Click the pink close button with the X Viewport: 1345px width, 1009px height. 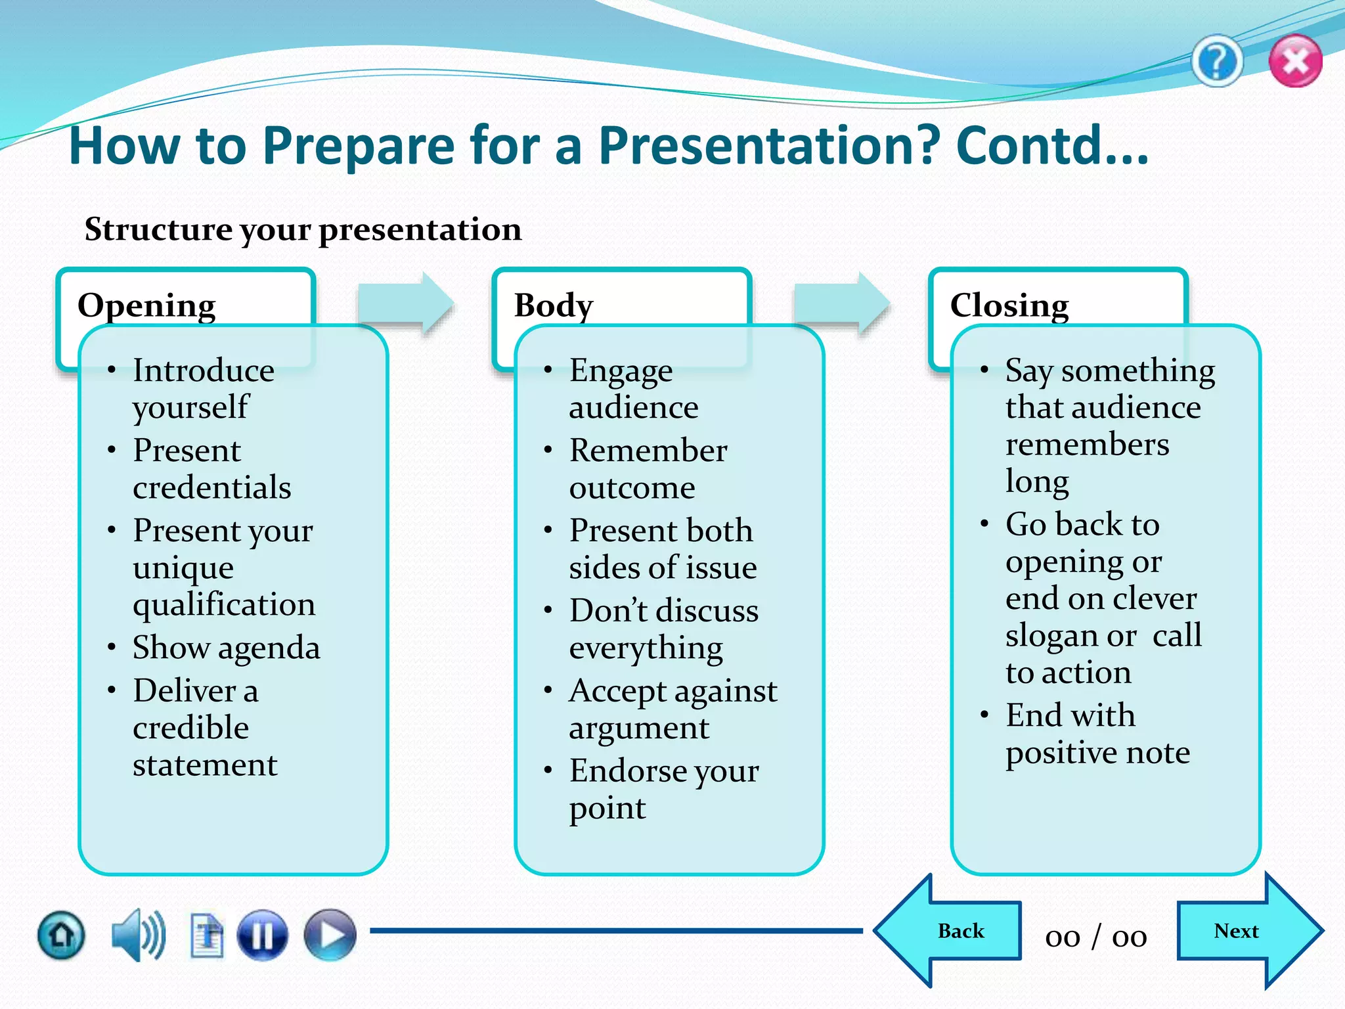pos(1295,62)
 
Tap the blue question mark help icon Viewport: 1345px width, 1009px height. pos(1217,62)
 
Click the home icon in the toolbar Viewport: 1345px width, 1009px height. pos(61,935)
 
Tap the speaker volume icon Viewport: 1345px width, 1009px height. pos(137,935)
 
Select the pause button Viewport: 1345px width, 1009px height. pos(262,935)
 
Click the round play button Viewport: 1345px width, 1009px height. pos(330,935)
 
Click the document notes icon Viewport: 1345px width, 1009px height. pos(207,935)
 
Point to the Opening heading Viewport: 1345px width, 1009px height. pos(146,305)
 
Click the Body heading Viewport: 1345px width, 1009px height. pos(554,305)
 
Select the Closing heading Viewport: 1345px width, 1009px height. pos(1009,305)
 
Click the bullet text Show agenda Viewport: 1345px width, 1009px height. pos(226,648)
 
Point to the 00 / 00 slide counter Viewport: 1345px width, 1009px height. pos(1096,937)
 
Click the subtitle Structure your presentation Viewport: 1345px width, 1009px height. pos(303,229)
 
